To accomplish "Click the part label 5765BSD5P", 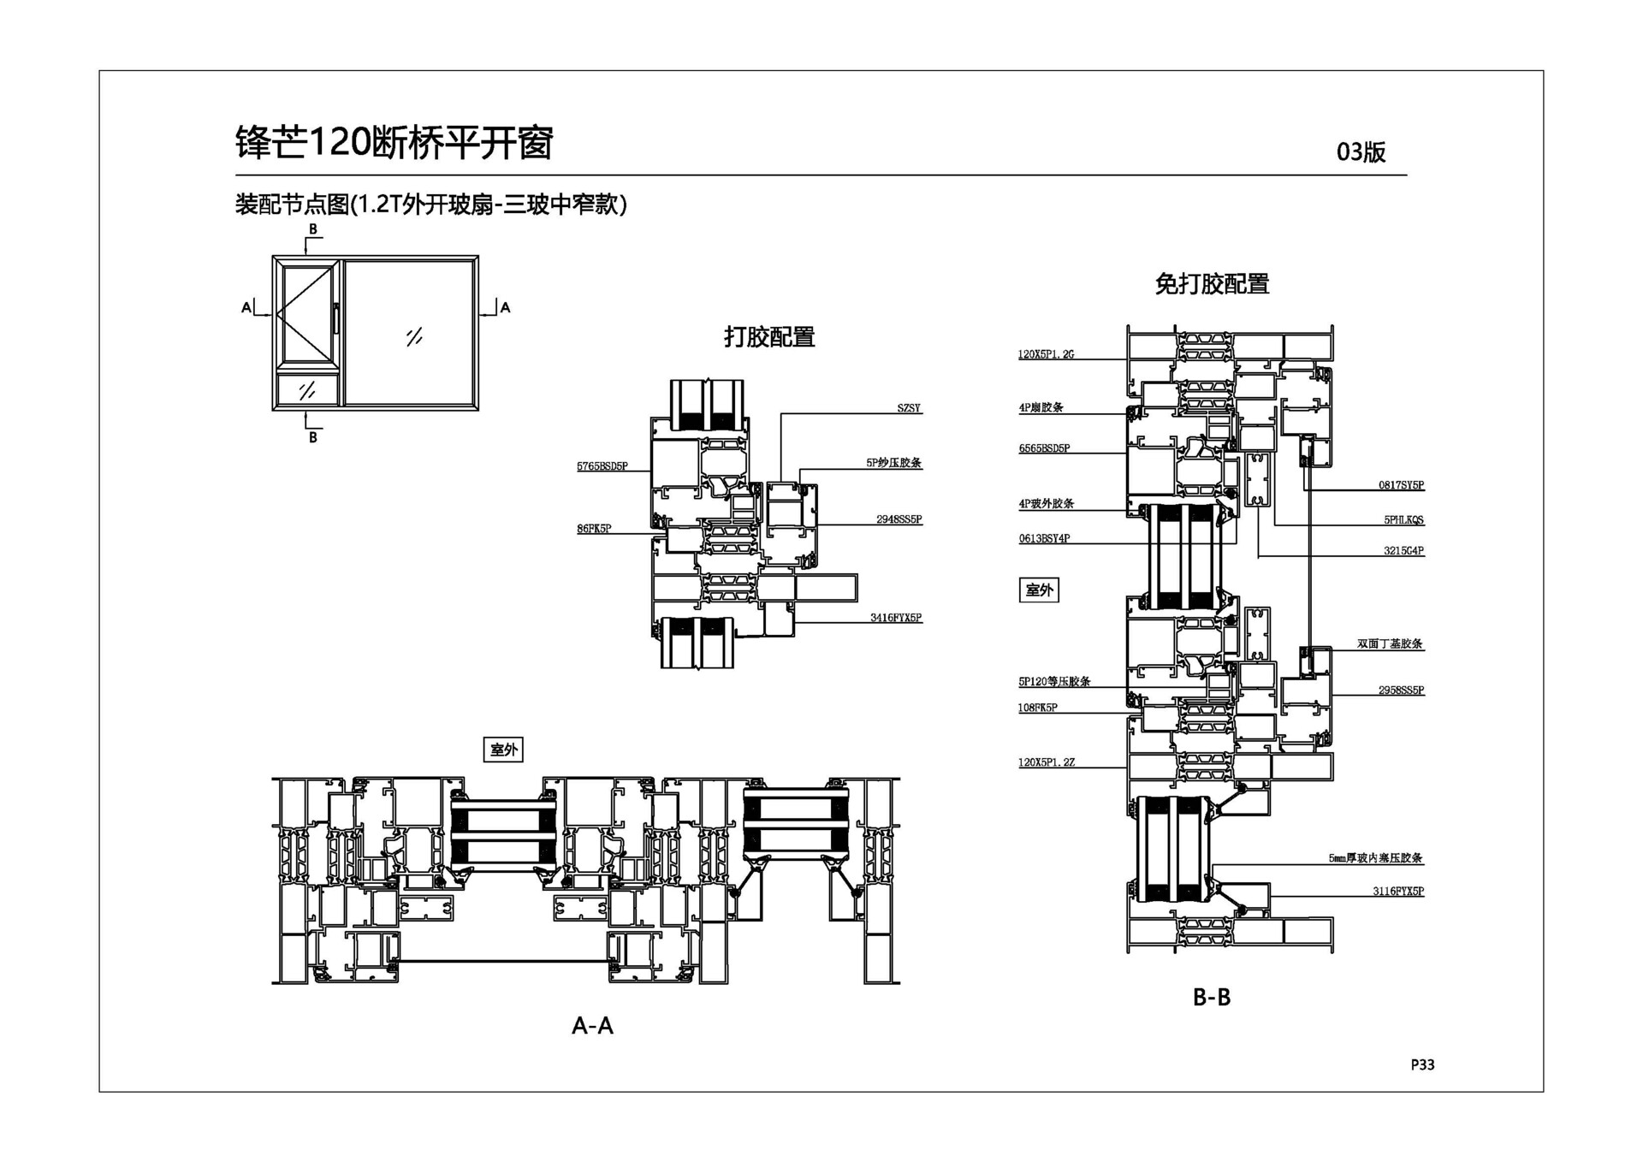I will (x=602, y=466).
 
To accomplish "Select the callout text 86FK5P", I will (x=594, y=529).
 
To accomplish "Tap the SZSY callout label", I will (x=909, y=408).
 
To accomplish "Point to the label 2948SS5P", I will (x=899, y=519).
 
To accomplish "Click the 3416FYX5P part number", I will (x=896, y=618).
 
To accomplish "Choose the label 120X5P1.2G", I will (x=1046, y=354).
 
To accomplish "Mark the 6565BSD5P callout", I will (x=1044, y=448).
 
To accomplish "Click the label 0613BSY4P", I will (x=1044, y=538).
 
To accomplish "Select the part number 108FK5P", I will (x=1038, y=708).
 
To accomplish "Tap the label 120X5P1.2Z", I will (x=1046, y=762).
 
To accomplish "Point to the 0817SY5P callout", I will (x=1401, y=485).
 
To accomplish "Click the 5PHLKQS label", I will (x=1403, y=519).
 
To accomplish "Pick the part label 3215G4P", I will (x=1403, y=551).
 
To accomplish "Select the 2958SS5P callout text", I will (x=1401, y=691).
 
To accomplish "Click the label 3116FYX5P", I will (x=1398, y=892).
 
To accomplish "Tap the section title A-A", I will (x=592, y=1025).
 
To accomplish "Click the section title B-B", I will (x=1211, y=997).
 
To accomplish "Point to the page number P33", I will (x=1422, y=1064).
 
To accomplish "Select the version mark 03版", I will (x=1361, y=152).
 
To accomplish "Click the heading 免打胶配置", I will (x=1211, y=284).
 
